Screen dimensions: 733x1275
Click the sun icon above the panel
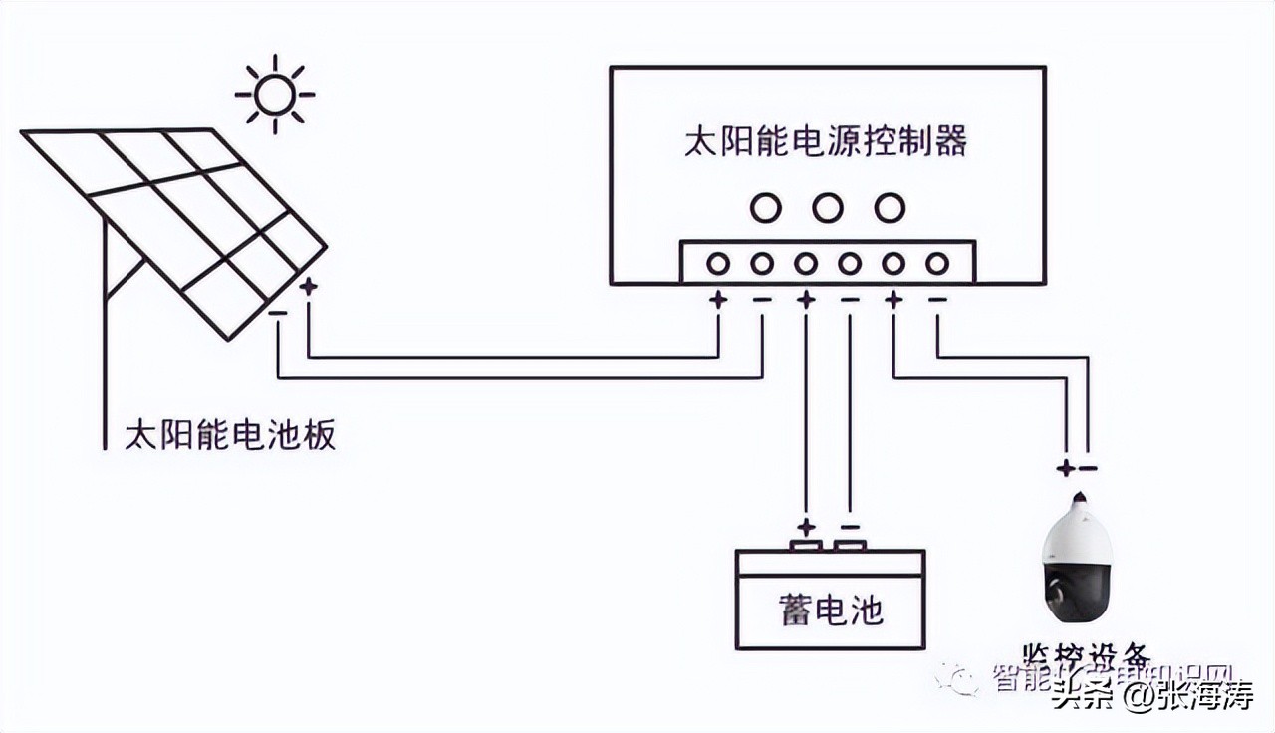point(274,95)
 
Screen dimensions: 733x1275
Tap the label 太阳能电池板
point(230,436)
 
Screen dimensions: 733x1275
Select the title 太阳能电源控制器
point(826,142)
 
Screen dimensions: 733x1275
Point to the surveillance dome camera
point(1076,563)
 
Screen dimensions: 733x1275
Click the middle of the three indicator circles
point(827,208)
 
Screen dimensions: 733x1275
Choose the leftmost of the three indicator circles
point(766,208)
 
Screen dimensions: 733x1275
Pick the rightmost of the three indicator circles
point(889,208)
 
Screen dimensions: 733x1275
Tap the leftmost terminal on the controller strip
point(718,264)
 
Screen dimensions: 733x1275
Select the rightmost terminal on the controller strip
point(936,264)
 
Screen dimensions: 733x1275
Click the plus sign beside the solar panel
point(309,287)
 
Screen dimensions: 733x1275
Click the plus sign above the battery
point(806,527)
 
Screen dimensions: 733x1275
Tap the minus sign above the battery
point(850,527)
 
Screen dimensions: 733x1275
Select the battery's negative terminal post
point(850,545)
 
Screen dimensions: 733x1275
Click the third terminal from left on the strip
point(806,264)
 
